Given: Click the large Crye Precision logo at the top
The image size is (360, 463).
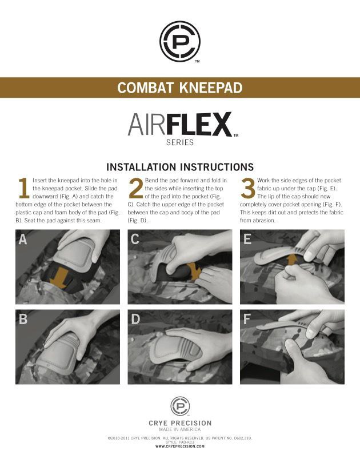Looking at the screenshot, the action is [179, 41].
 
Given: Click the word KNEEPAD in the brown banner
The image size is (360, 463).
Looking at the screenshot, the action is [211, 87].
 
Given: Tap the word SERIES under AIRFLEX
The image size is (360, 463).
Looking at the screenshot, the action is [179, 143].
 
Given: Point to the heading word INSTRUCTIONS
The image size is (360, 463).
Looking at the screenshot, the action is [217, 167].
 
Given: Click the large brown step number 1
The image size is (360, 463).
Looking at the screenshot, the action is [23, 188].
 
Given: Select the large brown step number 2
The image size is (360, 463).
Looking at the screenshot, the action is [136, 189].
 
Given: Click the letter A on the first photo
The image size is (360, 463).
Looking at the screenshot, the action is [23, 239].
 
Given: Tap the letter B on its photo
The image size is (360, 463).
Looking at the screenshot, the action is [23, 319].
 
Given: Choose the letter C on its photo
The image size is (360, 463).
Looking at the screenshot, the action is [135, 239].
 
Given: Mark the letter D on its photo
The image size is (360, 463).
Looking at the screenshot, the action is [135, 319].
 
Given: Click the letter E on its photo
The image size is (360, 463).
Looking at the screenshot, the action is [247, 239].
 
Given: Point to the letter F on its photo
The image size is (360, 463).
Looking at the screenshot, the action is [247, 319].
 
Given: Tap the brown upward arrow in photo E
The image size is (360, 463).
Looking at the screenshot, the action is [291, 261].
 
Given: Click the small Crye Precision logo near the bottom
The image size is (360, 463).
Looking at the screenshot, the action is [179, 406].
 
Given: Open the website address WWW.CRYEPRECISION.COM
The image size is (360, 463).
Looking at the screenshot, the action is [179, 446].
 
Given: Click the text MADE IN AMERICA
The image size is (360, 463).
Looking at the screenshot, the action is [179, 429].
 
